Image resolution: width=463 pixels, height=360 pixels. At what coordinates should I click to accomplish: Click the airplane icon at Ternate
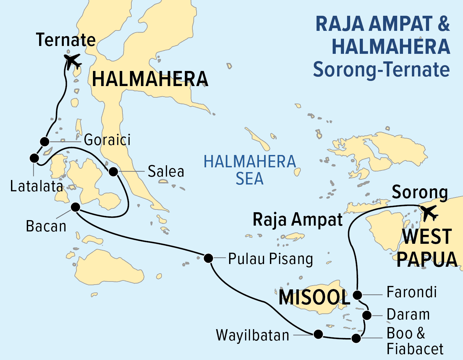pyautogui.click(x=73, y=61)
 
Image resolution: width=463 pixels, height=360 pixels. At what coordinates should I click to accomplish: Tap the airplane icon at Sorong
pyautogui.click(x=429, y=213)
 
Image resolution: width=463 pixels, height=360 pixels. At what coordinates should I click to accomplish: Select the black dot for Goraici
pyautogui.click(x=45, y=141)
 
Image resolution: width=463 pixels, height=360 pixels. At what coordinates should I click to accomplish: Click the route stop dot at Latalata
pyautogui.click(x=34, y=158)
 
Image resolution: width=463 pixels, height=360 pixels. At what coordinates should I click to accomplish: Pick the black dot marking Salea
pyautogui.click(x=113, y=171)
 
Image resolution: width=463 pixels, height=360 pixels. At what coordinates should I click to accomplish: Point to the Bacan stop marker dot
pyautogui.click(x=75, y=207)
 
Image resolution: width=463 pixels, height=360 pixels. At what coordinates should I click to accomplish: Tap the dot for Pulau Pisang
pyautogui.click(x=208, y=258)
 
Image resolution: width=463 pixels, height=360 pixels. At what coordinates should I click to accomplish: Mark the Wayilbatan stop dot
pyautogui.click(x=318, y=334)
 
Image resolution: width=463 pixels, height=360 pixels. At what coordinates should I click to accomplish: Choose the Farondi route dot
pyautogui.click(x=357, y=295)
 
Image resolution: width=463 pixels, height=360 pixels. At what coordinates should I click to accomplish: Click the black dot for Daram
pyautogui.click(x=367, y=315)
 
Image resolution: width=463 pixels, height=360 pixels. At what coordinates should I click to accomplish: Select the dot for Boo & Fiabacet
pyautogui.click(x=356, y=338)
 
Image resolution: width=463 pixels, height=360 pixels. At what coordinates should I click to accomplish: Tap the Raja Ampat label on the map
pyautogui.click(x=297, y=220)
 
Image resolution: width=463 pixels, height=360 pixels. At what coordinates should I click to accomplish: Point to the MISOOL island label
pyautogui.click(x=314, y=297)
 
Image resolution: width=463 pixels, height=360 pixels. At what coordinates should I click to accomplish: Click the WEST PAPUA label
pyautogui.click(x=427, y=248)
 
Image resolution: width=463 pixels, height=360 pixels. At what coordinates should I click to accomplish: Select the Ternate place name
pyautogui.click(x=66, y=40)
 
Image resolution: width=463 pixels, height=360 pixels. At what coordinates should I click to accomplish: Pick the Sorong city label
pyautogui.click(x=420, y=192)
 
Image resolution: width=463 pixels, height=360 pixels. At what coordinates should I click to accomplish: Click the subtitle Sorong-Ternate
pyautogui.click(x=381, y=69)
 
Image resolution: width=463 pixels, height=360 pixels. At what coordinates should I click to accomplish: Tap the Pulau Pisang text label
pyautogui.click(x=271, y=259)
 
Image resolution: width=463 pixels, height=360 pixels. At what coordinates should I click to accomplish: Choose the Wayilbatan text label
pyautogui.click(x=252, y=335)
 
